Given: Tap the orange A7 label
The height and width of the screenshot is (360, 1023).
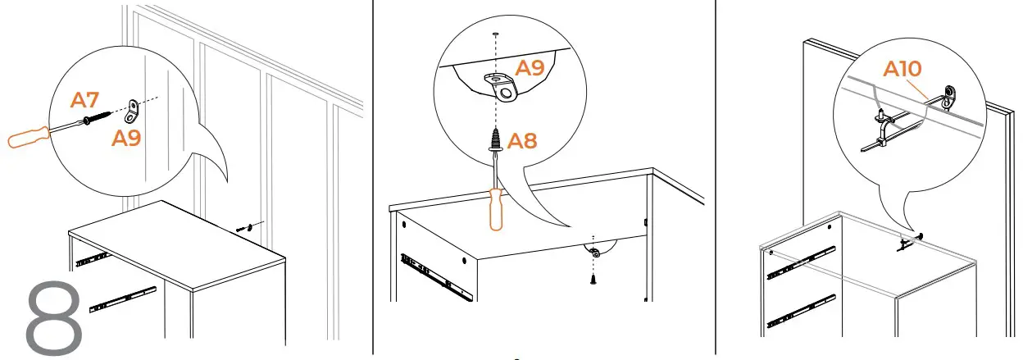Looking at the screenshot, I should pos(85,101).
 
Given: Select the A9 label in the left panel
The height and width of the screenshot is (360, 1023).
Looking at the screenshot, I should pos(126,138).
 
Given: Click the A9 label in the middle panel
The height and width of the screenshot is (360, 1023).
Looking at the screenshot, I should pos(530,68).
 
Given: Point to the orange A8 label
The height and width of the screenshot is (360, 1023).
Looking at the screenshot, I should pos(522,141).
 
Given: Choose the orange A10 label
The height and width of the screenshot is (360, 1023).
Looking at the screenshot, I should pos(902,70).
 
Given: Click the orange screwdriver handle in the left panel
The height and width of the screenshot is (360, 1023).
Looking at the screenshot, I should pos(28,136).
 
